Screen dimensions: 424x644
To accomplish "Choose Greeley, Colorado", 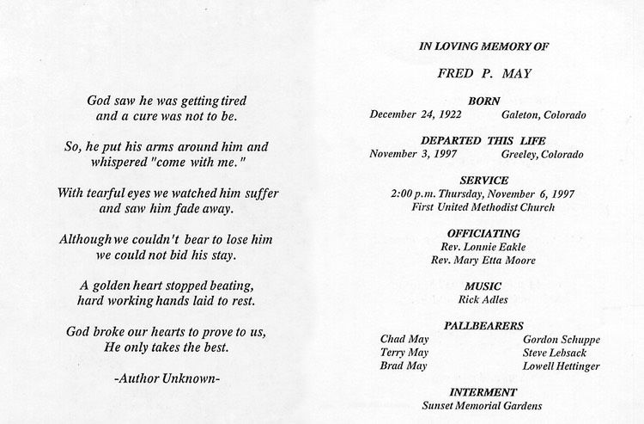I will (x=541, y=155).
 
